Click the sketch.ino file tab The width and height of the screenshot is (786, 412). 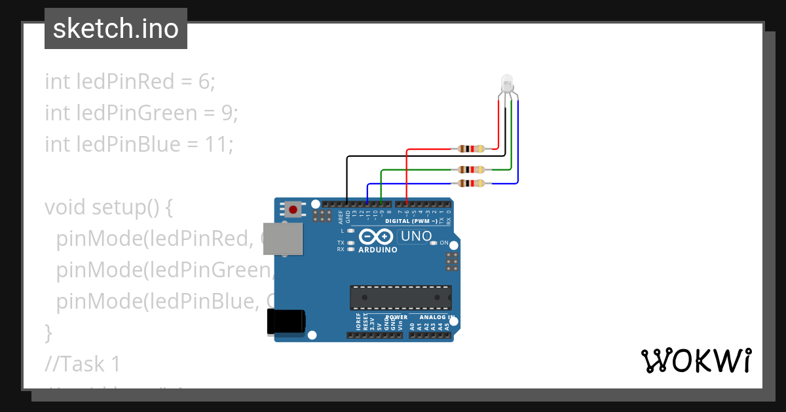click(115, 29)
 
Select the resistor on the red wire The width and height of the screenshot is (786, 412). click(471, 148)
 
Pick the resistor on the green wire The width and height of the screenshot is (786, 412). click(471, 169)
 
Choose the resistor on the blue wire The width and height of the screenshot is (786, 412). click(471, 183)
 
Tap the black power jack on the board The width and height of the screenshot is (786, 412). click(286, 322)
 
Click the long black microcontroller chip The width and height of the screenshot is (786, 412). click(400, 297)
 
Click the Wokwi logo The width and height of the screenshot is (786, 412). click(696, 360)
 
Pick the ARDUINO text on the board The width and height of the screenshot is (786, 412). click(377, 250)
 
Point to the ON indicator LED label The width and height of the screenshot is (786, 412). click(443, 243)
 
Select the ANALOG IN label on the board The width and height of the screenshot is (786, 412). click(432, 318)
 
